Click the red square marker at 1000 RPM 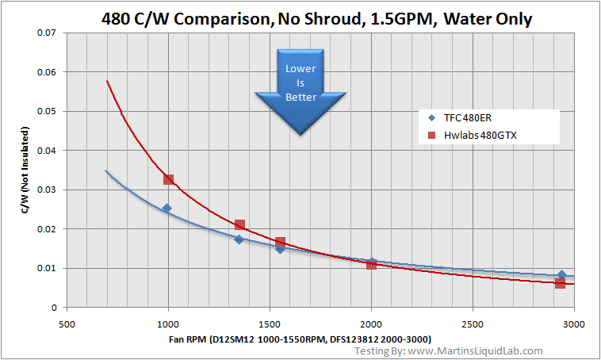[168, 179]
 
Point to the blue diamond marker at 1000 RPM [167, 209]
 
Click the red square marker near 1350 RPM [239, 225]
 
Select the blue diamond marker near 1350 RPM [239, 239]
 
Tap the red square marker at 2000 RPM [371, 264]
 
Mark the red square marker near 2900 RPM [560, 283]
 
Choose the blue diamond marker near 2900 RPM [561, 274]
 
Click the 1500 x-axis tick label [270, 324]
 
